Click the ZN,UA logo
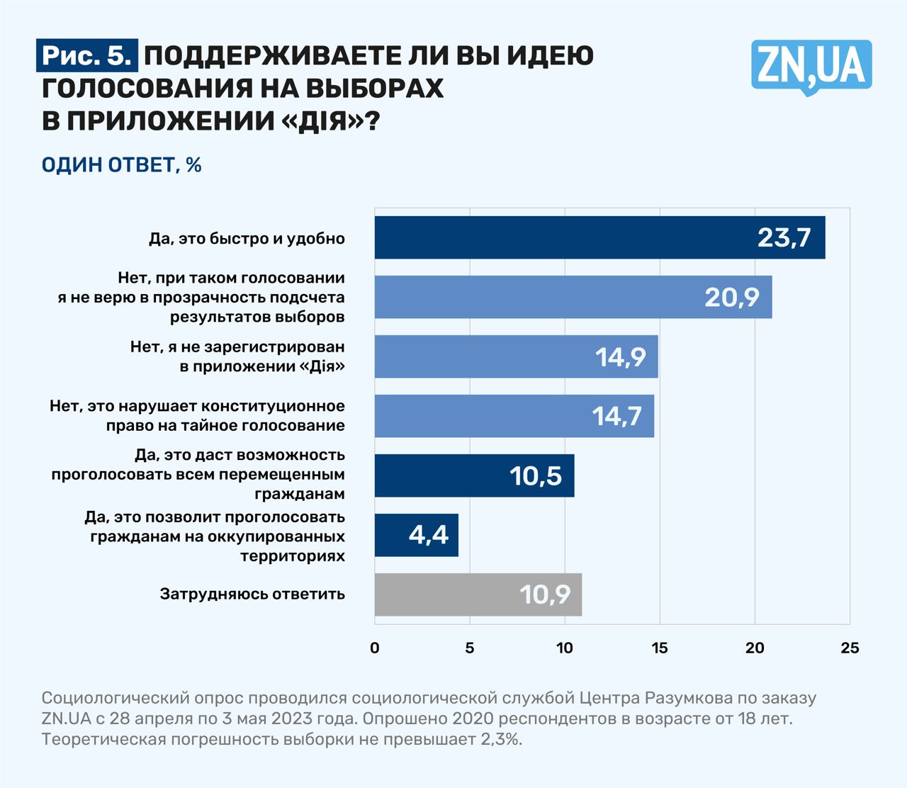click(x=811, y=66)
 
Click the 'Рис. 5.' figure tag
click(x=87, y=56)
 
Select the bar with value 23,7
click(x=599, y=237)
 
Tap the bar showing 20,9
click(x=573, y=297)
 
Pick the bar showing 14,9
click(x=516, y=356)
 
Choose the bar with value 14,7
click(x=514, y=416)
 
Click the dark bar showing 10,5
click(x=474, y=475)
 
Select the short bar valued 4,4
click(x=416, y=535)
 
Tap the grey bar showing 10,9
click(x=478, y=595)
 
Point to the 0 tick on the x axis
click(x=375, y=648)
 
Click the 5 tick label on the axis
click(x=469, y=648)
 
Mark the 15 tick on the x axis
click(x=659, y=648)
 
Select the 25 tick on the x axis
click(x=849, y=648)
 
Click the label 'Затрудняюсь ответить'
click(x=252, y=594)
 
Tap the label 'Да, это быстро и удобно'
click(x=247, y=238)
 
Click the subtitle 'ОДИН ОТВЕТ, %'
click(x=122, y=165)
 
